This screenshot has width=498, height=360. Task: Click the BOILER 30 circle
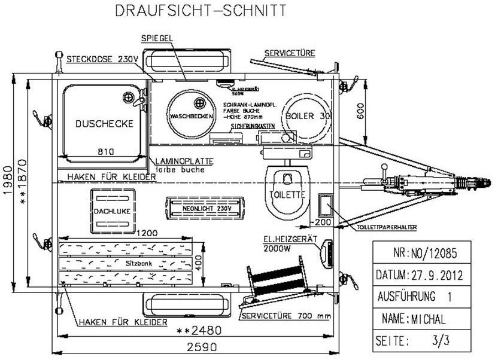tap(307, 115)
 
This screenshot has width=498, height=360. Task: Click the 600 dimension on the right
tap(360, 109)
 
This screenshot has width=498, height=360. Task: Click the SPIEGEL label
tap(157, 38)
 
